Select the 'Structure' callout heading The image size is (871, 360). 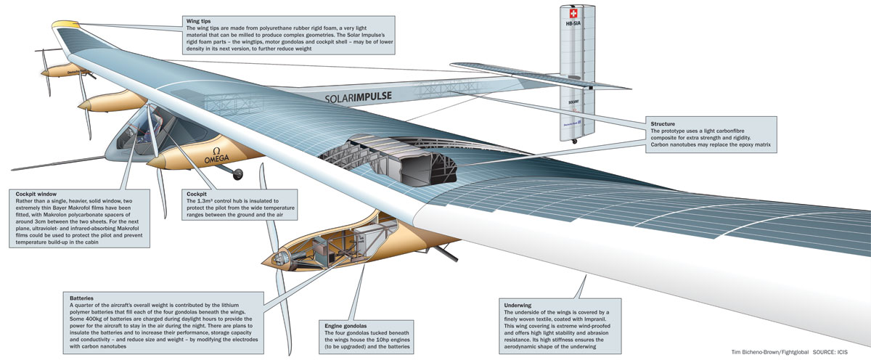tap(663, 125)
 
